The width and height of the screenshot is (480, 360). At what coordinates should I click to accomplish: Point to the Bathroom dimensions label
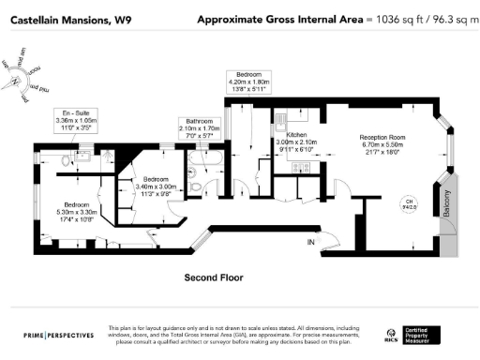click(x=200, y=129)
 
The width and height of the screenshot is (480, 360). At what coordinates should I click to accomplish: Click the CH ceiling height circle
click(x=408, y=202)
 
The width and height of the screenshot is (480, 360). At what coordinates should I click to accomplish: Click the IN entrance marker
click(x=310, y=242)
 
